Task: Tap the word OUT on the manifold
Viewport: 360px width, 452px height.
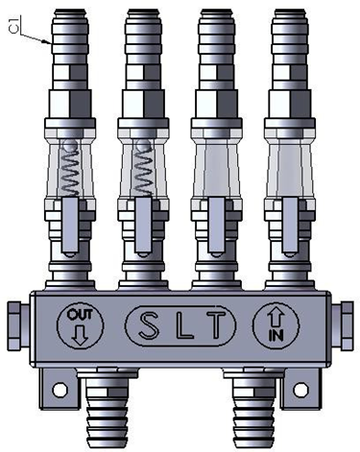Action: [76, 315]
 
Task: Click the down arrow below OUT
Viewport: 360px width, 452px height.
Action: [77, 334]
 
